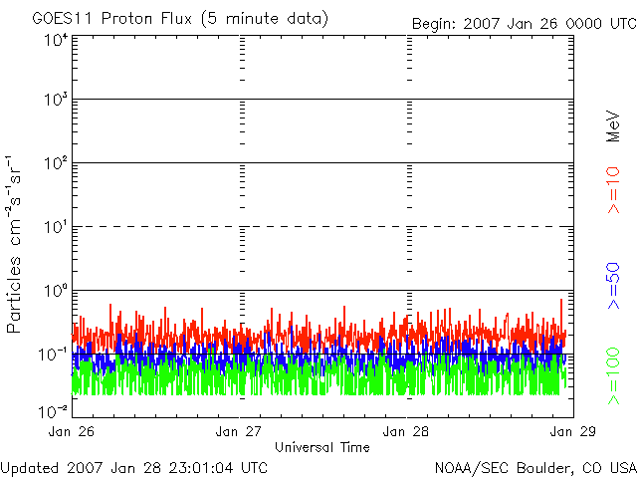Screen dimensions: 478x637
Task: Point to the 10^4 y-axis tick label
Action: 56,40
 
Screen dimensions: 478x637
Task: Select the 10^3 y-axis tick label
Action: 56,101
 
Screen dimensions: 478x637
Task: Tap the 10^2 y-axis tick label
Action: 56,163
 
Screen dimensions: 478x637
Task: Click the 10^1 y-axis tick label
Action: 56,227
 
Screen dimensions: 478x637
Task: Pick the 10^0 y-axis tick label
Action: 56,291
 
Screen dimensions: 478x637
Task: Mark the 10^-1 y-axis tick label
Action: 54,354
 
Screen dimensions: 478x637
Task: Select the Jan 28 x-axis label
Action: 406,431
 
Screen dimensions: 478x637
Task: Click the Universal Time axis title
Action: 321,447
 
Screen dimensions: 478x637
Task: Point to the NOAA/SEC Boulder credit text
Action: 534,467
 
